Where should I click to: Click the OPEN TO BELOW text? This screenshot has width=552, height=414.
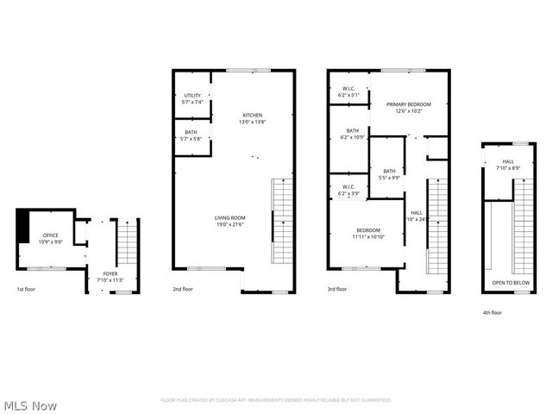(x=509, y=283)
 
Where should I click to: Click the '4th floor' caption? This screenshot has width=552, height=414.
(x=492, y=312)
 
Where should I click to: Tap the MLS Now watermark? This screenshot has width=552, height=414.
(x=30, y=405)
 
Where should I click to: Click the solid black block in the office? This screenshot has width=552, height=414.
(x=23, y=226)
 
